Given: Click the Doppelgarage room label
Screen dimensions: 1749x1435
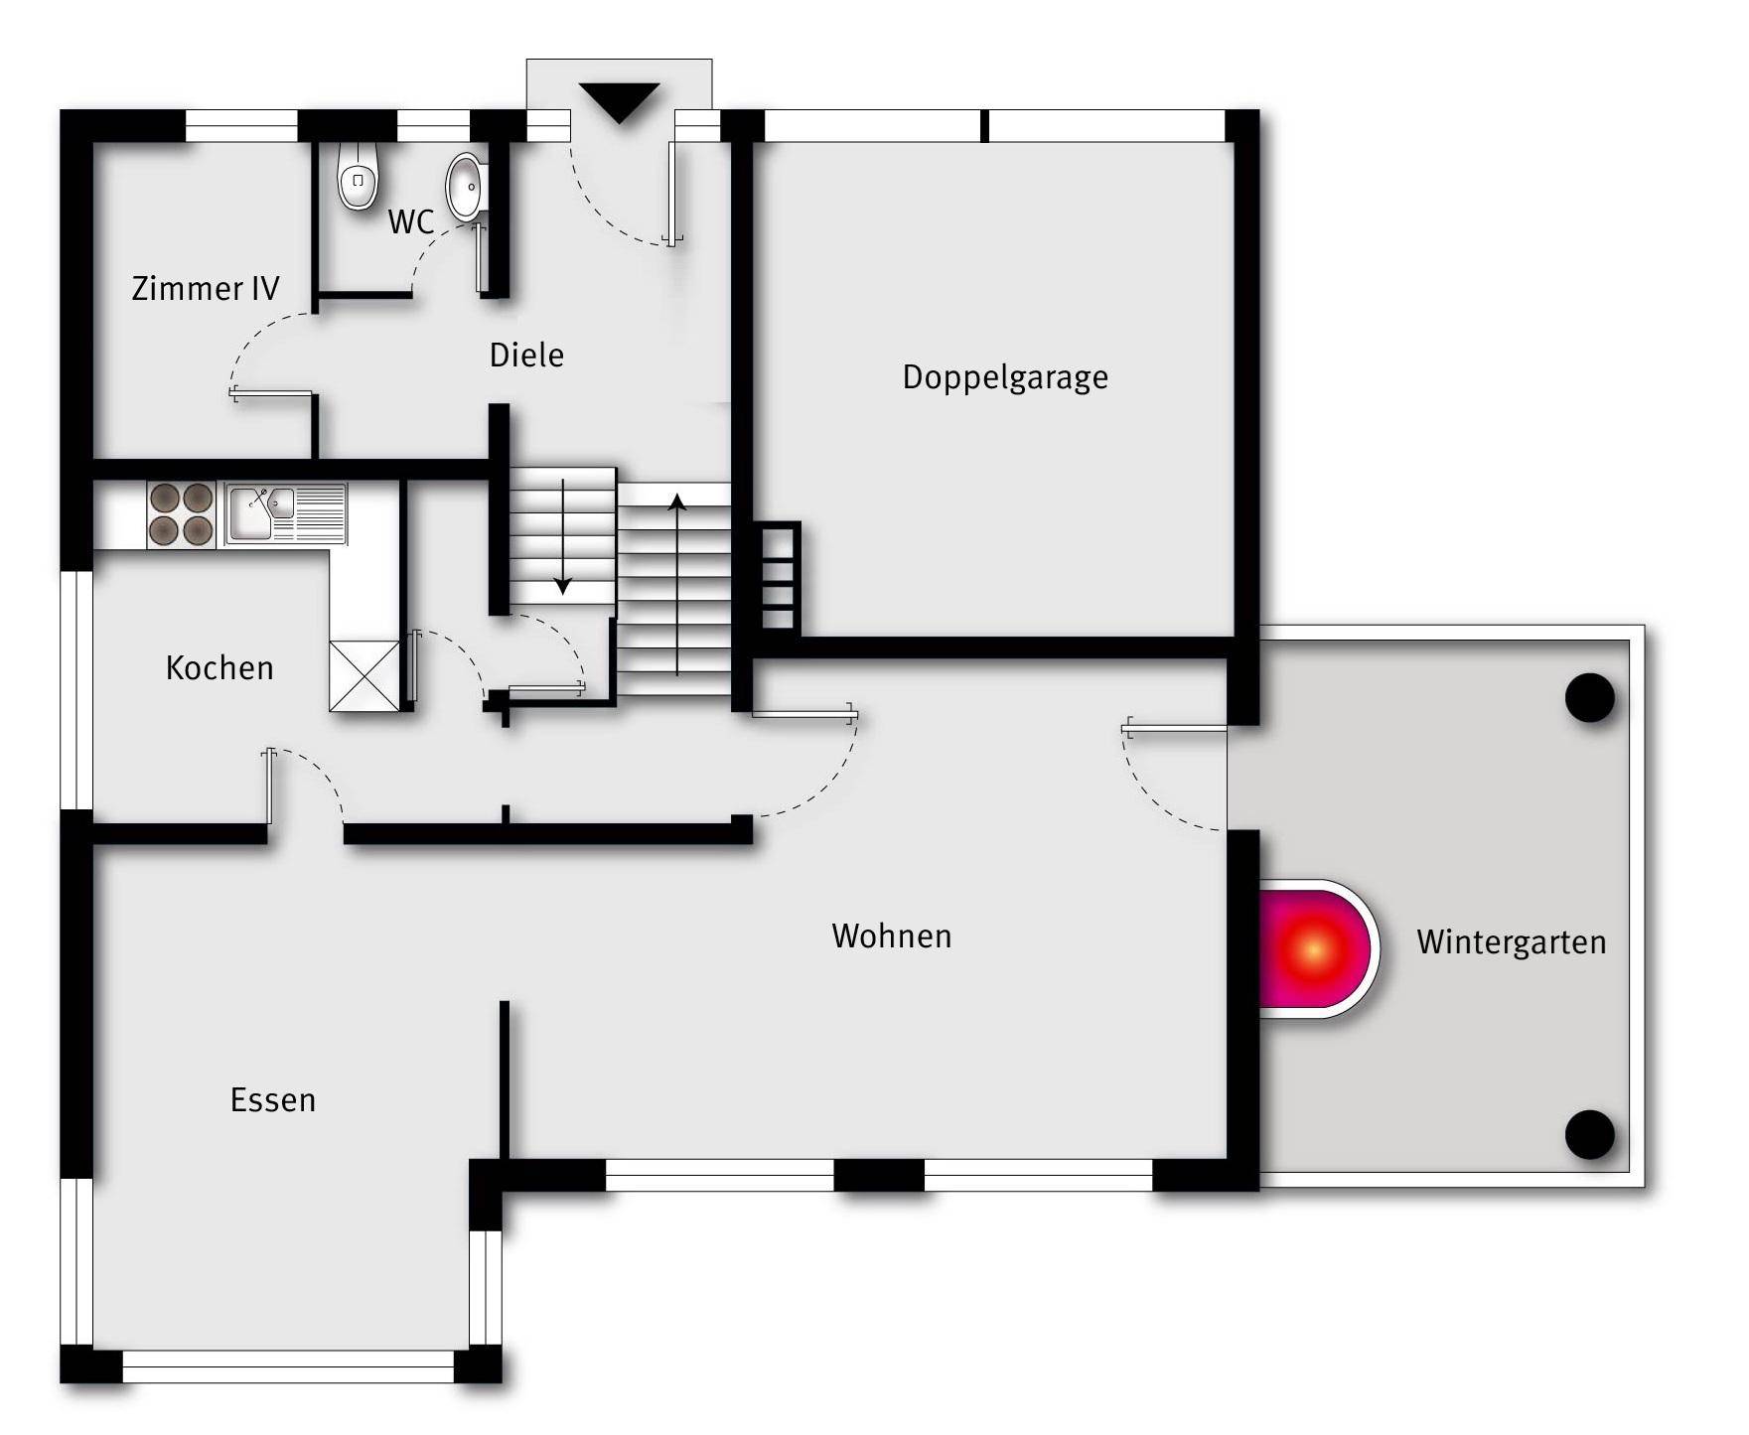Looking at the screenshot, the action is (x=1005, y=378).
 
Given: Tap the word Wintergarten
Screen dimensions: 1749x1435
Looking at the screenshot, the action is (x=1511, y=941).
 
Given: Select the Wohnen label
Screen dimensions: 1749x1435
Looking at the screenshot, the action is (x=892, y=935).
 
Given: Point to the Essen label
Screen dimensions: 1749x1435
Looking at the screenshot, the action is (x=273, y=1099).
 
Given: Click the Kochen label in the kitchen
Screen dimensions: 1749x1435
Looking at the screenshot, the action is (x=219, y=667).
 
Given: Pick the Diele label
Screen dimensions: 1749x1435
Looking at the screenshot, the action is (x=526, y=355).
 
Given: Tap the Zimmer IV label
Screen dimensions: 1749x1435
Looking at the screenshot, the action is (x=206, y=288).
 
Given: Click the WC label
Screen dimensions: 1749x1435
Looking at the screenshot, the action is (x=411, y=221).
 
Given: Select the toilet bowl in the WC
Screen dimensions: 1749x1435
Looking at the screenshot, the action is (x=359, y=175).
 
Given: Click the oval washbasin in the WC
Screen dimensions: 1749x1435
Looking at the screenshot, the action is (x=466, y=186).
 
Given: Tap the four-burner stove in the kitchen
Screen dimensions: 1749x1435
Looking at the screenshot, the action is (x=182, y=514).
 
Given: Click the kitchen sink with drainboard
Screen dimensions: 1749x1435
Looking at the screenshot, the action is (x=286, y=513).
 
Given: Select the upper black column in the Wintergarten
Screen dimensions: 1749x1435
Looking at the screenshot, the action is (x=1590, y=697).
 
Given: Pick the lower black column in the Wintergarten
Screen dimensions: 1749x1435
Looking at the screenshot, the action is (x=1590, y=1134).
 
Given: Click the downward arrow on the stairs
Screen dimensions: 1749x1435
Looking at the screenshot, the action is (x=563, y=536).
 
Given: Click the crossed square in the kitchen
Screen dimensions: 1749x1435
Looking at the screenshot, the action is (x=364, y=676).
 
